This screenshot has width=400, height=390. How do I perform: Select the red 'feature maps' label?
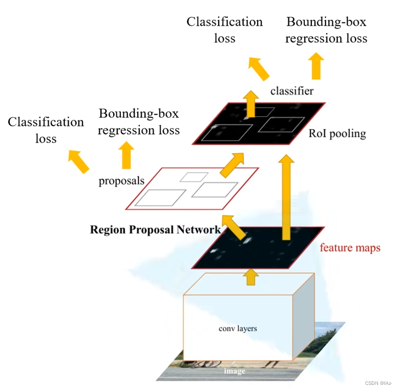pos(350,248)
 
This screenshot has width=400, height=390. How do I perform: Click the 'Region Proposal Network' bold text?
pos(155,230)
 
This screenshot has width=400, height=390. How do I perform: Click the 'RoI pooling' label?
pos(337,134)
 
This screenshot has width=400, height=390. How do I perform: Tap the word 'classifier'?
pos(292,91)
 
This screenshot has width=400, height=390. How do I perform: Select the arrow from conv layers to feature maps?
pos(250,276)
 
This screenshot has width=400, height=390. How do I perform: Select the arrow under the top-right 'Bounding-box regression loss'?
pos(316,66)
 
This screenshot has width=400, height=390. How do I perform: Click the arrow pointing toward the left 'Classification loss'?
pos(78,161)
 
